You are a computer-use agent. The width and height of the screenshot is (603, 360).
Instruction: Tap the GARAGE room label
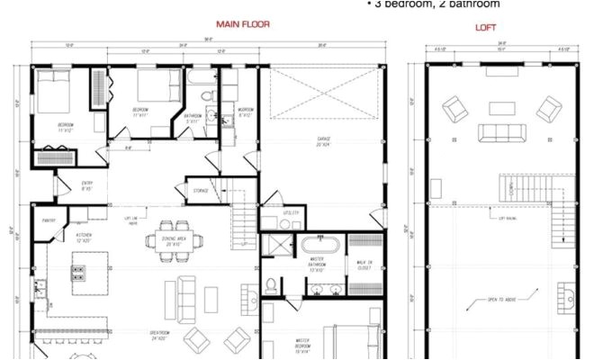pos(324,139)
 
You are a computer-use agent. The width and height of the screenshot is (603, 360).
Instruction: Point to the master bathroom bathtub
pos(319,244)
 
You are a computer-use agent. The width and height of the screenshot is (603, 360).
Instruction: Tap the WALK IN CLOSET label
pos(364,265)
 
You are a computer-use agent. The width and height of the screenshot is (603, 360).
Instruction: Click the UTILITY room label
pos(290,212)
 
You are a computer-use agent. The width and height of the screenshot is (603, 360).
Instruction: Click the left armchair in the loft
pos(456,112)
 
